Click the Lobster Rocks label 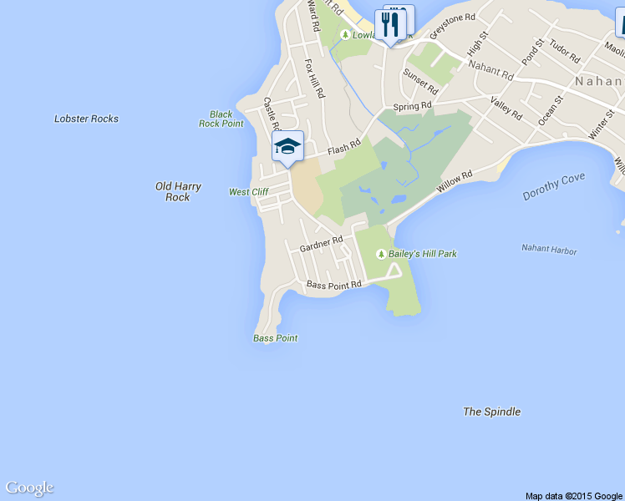pyautogui.click(x=86, y=119)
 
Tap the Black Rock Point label pyautogui.click(x=221, y=119)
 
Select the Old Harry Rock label pyautogui.click(x=178, y=191)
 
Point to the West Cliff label pyautogui.click(x=248, y=192)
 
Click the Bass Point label pyautogui.click(x=275, y=338)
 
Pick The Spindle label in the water pyautogui.click(x=491, y=412)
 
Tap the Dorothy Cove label pyautogui.click(x=554, y=186)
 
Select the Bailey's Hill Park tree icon pyautogui.click(x=381, y=254)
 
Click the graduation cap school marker pyautogui.click(x=287, y=146)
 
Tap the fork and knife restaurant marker pyautogui.click(x=389, y=24)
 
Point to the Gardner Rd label pyautogui.click(x=322, y=244)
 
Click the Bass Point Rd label pyautogui.click(x=333, y=285)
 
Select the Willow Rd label pyautogui.click(x=455, y=182)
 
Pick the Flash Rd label pyautogui.click(x=343, y=147)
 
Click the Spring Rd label pyautogui.click(x=412, y=107)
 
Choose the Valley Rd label pyautogui.click(x=506, y=108)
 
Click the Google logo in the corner pyautogui.click(x=29, y=488)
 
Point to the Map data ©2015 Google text pyautogui.click(x=574, y=496)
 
